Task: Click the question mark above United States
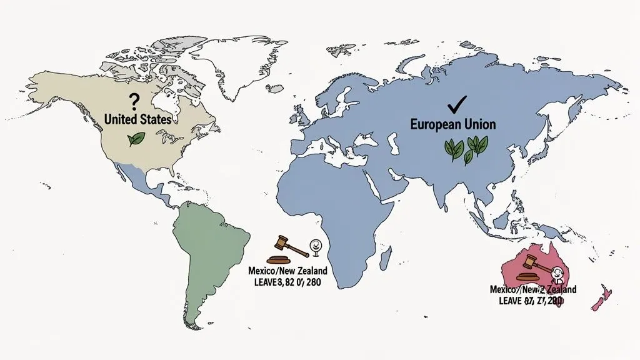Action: (x=132, y=101)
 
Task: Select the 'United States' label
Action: (x=137, y=118)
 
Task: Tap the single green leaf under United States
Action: (x=136, y=139)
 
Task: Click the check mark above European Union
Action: (x=458, y=102)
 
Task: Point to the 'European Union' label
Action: (x=452, y=124)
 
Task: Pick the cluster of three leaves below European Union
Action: (x=465, y=149)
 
